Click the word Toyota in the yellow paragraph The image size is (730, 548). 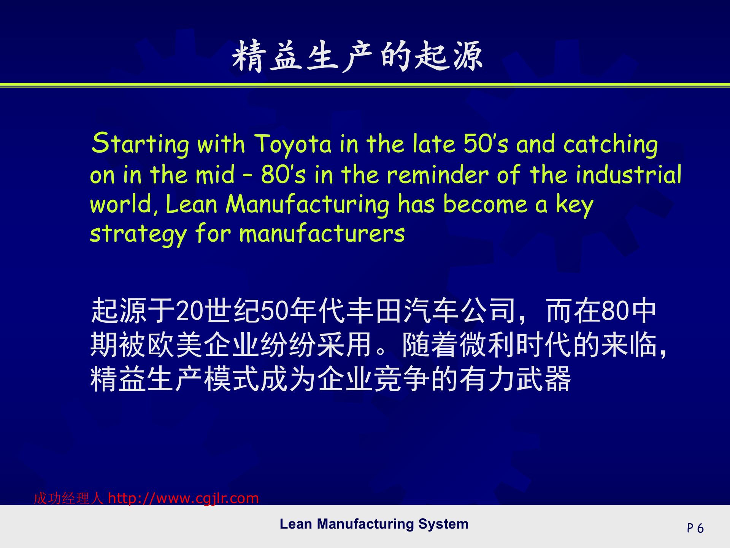tap(293, 145)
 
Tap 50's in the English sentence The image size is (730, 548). tap(486, 145)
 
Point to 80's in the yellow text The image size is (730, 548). tap(283, 175)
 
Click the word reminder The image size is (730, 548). tap(438, 175)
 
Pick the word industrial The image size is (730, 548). tap(628, 175)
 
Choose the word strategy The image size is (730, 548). tap(138, 234)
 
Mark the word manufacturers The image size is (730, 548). tap(322, 234)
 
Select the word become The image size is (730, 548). tap(485, 205)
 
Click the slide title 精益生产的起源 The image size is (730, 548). tap(357, 56)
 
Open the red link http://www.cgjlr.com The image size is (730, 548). tap(183, 498)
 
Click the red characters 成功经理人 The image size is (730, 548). tap(68, 499)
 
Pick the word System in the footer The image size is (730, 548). tap(443, 524)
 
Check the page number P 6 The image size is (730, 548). tap(695, 528)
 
